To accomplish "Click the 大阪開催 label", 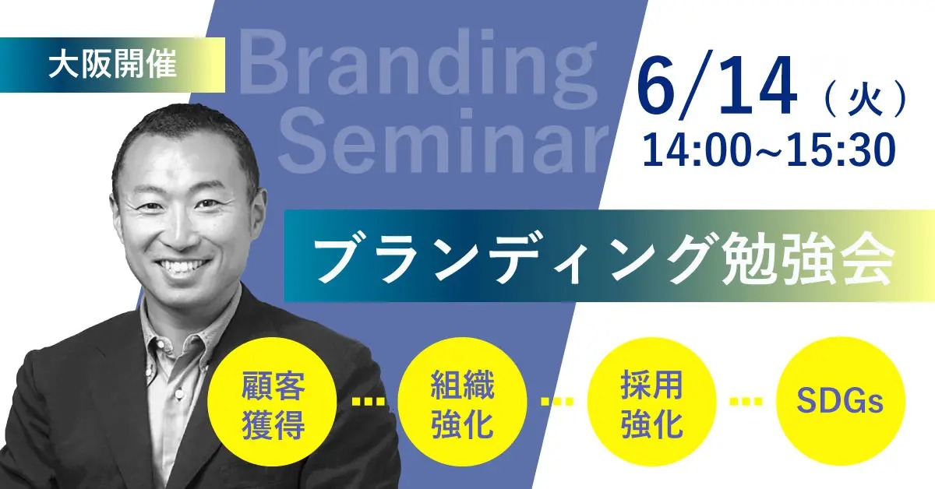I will click(x=112, y=65).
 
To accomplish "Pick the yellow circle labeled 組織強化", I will click(x=462, y=403).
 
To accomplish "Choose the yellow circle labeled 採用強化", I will click(x=652, y=403).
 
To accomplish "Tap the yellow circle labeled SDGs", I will click(x=839, y=403).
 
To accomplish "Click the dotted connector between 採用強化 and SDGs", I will click(x=746, y=403).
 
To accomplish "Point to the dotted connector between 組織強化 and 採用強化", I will click(x=557, y=403).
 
